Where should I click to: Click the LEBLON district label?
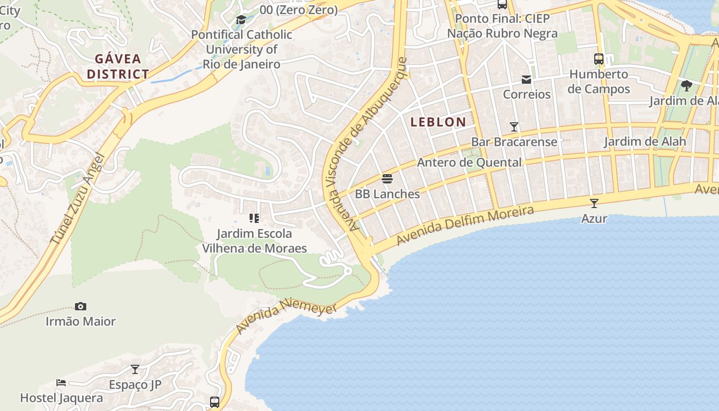coord(438,122)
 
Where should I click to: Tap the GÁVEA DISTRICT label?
coord(118,66)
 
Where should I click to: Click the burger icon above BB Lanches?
coord(387,179)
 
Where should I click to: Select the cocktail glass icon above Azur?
coord(594,203)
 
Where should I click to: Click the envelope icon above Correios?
coord(526,80)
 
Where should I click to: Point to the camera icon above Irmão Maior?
coord(81,306)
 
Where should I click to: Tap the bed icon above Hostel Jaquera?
coord(61,383)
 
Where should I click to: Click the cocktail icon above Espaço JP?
coord(135,369)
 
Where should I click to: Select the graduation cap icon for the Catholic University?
coord(240,20)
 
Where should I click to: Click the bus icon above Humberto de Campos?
coord(599,59)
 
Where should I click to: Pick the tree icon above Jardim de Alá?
coord(686,85)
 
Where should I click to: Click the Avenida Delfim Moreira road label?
coord(465,225)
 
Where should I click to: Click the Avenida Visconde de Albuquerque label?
coord(364,144)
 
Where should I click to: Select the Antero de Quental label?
coord(469,163)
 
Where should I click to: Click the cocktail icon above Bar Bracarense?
coord(514,126)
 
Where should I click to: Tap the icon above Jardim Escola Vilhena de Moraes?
coord(254,218)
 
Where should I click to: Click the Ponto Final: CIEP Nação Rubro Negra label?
coord(502,26)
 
